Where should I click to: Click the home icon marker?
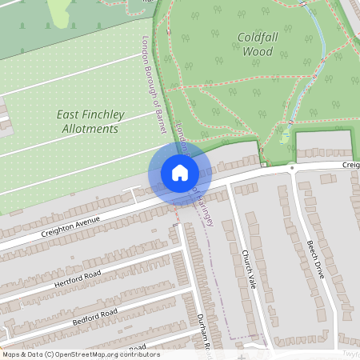(180, 173)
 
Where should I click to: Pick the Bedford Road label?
(94, 315)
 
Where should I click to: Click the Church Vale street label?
(248, 269)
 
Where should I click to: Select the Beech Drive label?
(317, 258)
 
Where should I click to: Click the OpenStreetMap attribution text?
(81, 354)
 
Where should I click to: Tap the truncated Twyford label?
(350, 353)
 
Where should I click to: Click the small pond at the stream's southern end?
(286, 137)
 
